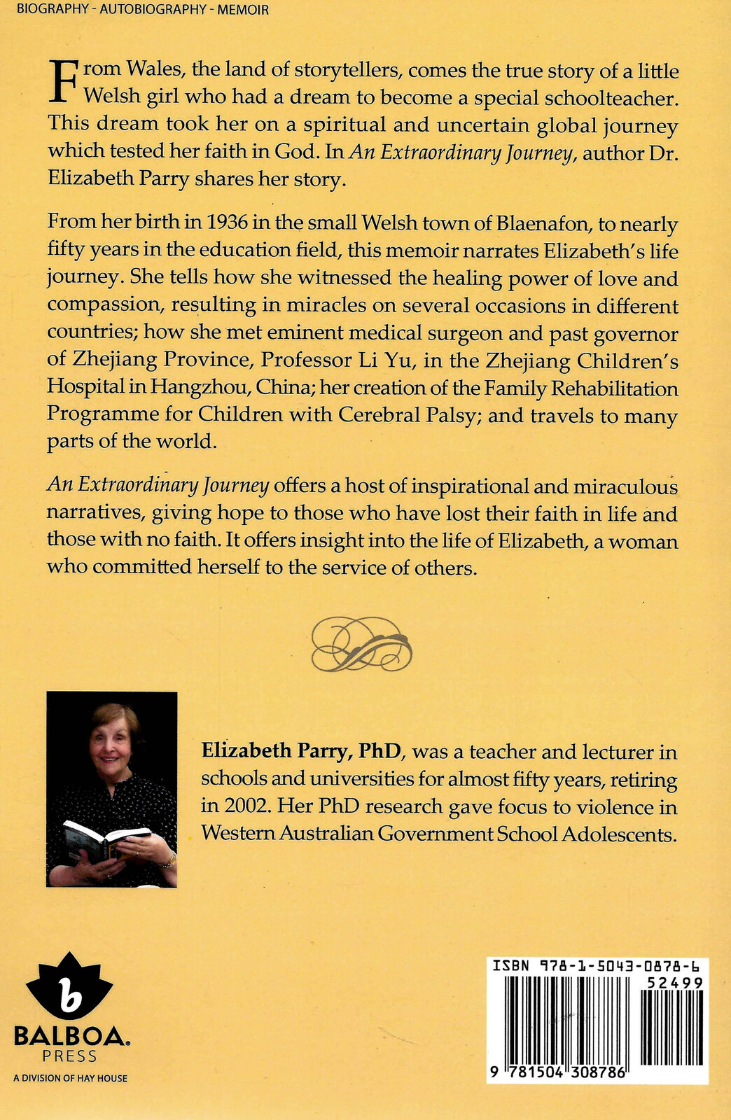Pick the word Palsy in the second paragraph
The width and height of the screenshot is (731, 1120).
point(432,414)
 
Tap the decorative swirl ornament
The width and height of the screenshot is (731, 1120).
point(361,643)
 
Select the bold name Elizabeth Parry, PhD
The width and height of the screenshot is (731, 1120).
point(301,751)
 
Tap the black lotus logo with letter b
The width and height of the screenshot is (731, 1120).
point(69,987)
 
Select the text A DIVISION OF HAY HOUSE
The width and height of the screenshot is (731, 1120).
point(70,1079)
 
